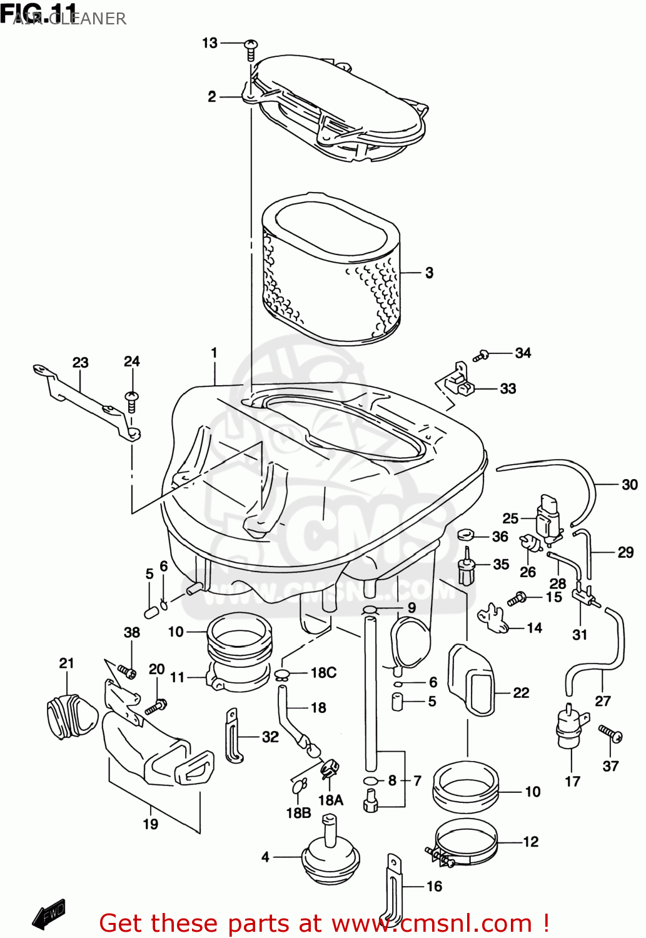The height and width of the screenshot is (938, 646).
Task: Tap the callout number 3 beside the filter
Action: tap(429, 273)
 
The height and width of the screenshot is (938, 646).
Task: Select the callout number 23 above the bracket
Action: tap(80, 363)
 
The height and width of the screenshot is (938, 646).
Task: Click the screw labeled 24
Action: tap(132, 400)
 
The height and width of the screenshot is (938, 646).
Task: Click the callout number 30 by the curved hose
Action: tap(629, 485)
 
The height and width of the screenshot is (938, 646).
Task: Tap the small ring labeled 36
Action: tap(465, 535)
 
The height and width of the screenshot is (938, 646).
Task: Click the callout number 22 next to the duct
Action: tap(521, 693)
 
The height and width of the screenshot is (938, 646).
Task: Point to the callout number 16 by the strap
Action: tap(434, 886)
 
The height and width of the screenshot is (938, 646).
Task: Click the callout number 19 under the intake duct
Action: tap(150, 824)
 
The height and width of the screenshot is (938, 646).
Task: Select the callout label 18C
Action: tap(323, 673)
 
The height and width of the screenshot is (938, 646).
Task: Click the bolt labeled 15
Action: tap(517, 599)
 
